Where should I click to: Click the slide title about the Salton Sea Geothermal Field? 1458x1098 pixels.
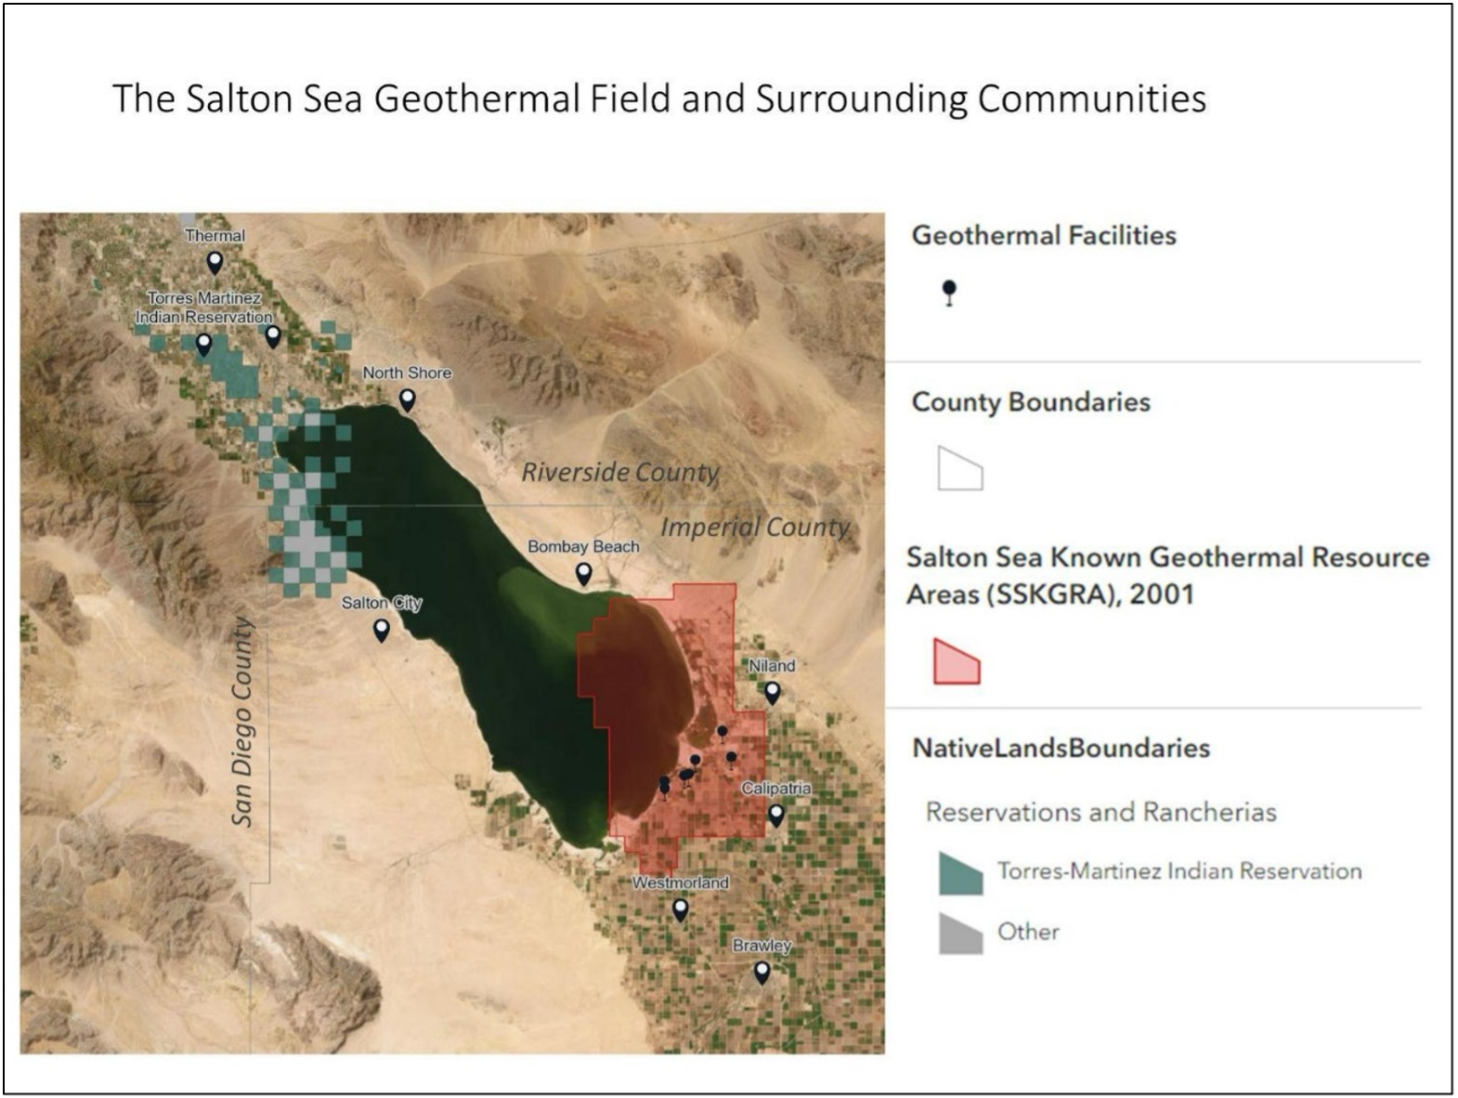pos(659,98)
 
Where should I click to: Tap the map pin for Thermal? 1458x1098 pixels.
pos(215,262)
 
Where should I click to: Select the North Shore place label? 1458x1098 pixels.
pos(407,373)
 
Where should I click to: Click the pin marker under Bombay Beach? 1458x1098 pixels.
pos(583,573)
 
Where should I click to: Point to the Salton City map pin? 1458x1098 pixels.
pos(381,630)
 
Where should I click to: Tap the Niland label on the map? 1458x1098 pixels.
pos(772,666)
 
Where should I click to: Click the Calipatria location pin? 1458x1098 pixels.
pos(775,815)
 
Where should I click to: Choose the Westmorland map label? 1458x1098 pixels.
pos(681,882)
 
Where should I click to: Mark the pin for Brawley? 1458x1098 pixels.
pos(762,972)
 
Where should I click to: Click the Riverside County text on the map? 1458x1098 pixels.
pos(620,472)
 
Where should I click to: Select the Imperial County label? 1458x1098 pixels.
pos(755,527)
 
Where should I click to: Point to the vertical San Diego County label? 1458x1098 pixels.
pos(241,722)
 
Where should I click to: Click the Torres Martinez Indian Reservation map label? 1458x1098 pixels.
pos(204,307)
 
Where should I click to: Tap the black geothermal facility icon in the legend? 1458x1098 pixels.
pos(948,292)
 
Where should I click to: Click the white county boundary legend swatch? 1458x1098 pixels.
pos(959,468)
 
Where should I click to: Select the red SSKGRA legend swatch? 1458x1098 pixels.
pos(957,662)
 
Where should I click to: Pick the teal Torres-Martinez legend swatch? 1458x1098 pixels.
pos(960,874)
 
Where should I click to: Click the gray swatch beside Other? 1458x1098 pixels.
pos(960,934)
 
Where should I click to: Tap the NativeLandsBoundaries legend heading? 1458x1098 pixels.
pos(1061,748)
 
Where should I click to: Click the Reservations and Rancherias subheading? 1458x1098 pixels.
pos(1100,812)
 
